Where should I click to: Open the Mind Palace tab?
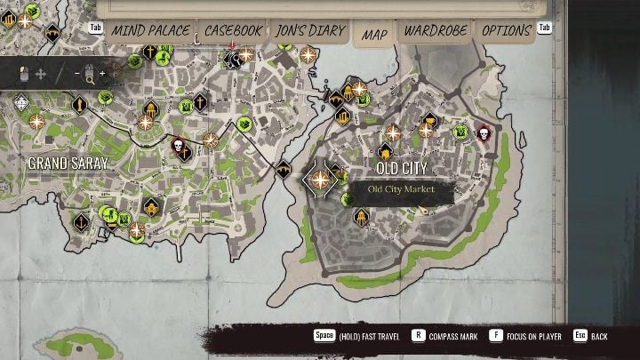point(149,31)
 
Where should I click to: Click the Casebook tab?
point(233,31)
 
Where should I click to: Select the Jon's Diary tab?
point(310,31)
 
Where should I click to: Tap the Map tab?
point(374,34)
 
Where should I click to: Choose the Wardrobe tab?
point(435,31)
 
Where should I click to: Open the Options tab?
point(506,31)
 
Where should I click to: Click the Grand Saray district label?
point(68,163)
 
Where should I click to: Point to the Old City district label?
point(402,168)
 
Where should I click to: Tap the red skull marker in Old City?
point(484,134)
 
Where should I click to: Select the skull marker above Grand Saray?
point(179,146)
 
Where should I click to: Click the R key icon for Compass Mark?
point(418,337)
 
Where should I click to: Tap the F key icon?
point(495,337)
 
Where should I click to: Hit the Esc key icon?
point(580,337)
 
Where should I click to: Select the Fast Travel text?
point(376,337)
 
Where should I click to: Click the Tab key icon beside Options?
point(545,28)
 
